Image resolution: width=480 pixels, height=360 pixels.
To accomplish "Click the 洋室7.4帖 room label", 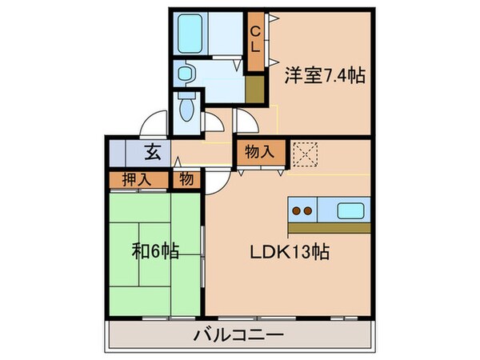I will pos(324,76).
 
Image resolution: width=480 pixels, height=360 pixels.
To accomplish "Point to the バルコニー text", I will pos(238,335).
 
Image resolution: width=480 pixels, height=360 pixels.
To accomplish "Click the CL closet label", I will pos(256,38).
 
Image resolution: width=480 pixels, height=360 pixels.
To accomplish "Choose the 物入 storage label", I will pos(260,150).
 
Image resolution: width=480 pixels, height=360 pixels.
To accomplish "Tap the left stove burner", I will pos(296,212).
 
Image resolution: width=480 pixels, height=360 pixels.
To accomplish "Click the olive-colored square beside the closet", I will pos(257,88).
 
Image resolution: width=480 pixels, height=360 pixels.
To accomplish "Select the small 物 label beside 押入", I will pos(186,180).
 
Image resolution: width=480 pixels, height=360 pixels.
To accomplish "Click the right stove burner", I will pos(307,212).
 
